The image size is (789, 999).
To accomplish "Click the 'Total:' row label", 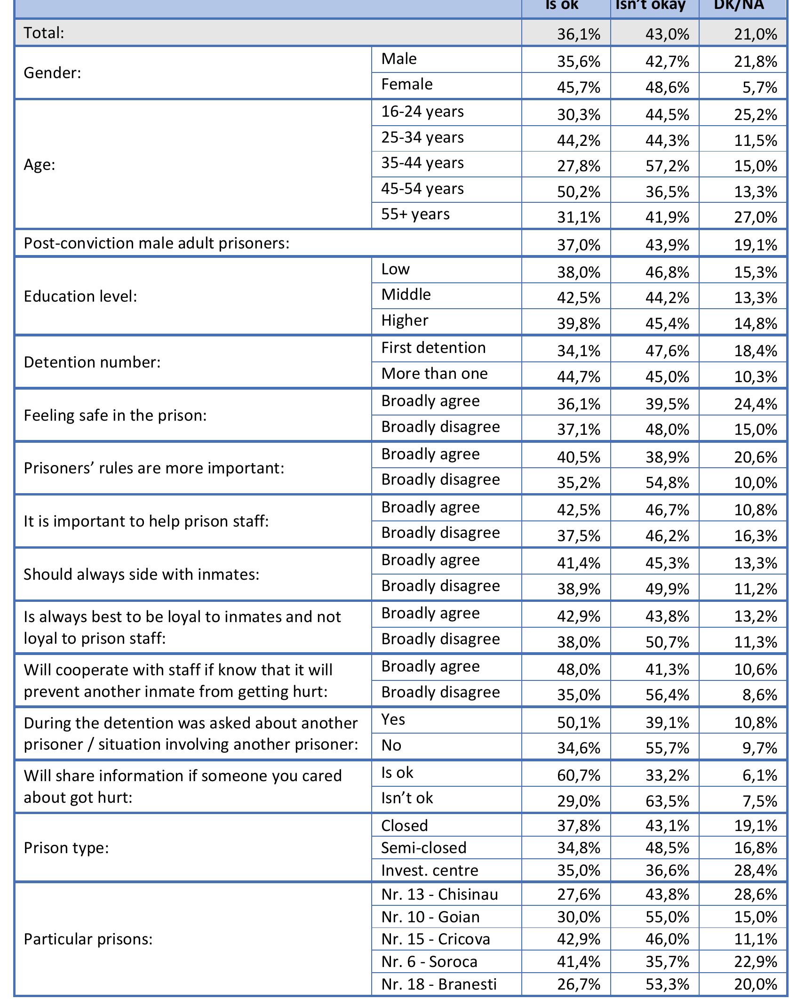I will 44,33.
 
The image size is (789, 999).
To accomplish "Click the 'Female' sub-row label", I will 406,85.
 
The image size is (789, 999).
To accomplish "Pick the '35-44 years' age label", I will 422,163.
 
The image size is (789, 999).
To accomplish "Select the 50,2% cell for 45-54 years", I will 579,192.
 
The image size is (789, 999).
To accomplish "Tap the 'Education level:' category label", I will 80,296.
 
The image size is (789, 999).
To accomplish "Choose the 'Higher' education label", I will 405,321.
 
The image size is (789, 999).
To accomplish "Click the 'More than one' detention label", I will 434,374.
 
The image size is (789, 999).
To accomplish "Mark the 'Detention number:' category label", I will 92,362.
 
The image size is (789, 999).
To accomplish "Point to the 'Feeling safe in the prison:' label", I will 115,416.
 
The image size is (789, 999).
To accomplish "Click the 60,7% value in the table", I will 579,775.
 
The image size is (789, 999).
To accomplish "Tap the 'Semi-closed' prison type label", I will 423,848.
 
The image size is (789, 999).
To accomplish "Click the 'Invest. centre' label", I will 429,871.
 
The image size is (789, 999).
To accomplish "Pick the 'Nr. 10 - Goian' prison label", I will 430,917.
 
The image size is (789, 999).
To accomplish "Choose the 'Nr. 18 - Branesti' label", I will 438,984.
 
